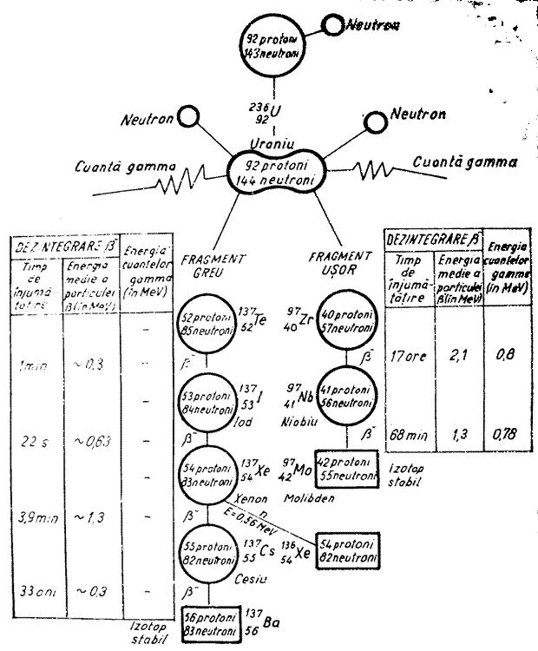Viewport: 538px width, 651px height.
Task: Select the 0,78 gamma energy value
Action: (498, 434)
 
